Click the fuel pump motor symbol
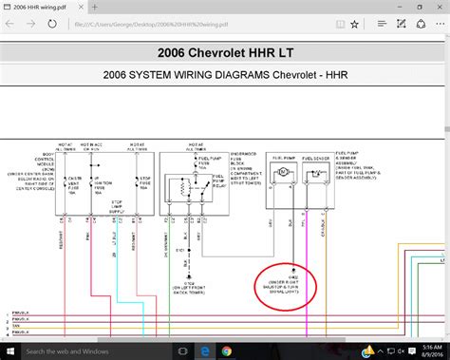(x=282, y=172)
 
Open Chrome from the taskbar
(x=226, y=351)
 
